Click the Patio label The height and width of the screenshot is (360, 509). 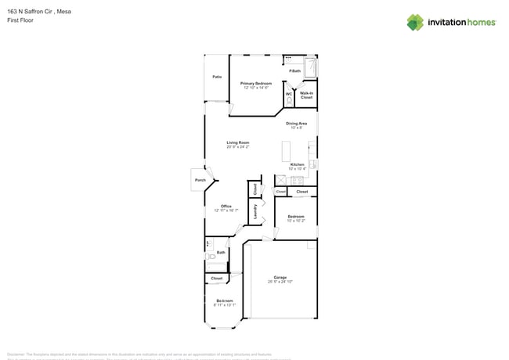217,77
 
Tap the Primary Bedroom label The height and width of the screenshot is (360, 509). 256,84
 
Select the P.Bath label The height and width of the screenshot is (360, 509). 294,71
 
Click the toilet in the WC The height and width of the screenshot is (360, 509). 290,102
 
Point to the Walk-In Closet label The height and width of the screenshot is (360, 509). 306,95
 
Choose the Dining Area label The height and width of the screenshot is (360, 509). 296,124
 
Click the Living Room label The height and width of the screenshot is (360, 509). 238,143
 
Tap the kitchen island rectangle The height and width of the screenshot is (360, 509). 285,150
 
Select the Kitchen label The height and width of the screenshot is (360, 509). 297,165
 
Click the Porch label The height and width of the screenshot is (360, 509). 200,180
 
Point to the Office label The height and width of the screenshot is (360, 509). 226,207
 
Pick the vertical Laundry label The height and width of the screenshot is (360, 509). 255,211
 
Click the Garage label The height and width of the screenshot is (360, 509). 280,278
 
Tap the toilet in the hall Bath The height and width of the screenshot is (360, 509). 211,256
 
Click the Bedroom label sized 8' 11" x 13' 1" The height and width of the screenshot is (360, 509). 225,301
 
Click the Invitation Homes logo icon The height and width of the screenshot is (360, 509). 414,22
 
